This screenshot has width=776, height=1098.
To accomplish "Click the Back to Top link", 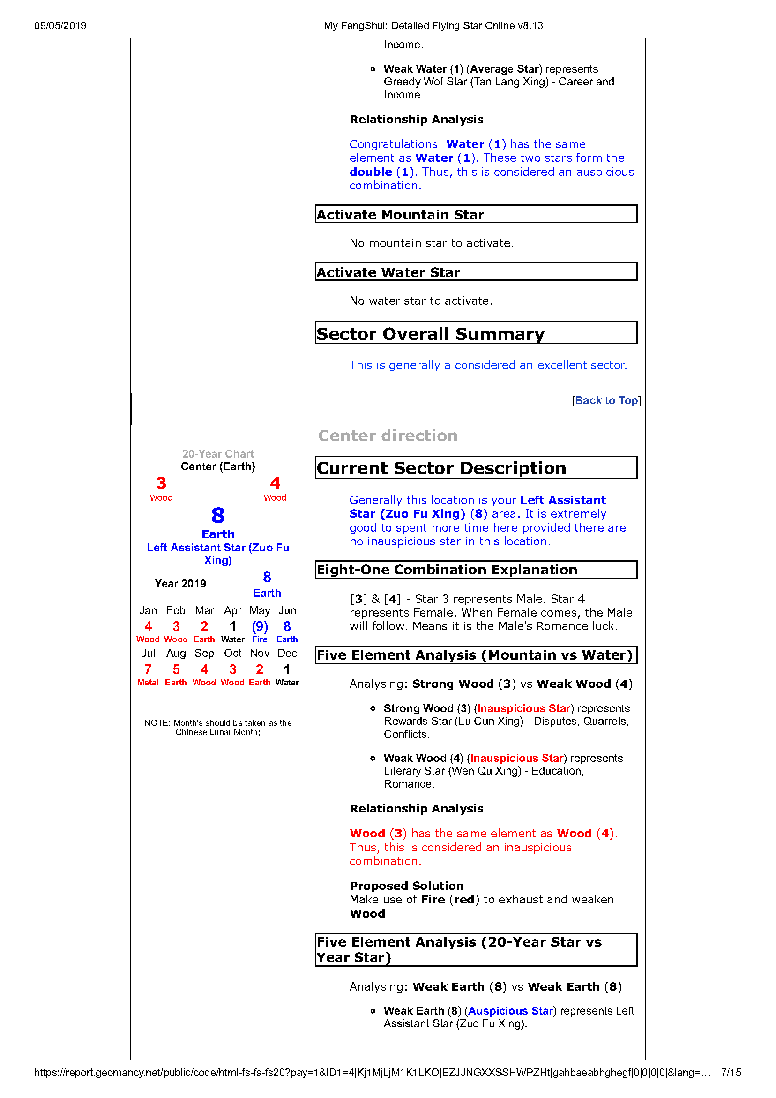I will click(606, 401).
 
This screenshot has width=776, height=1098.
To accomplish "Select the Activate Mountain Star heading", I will click(400, 215).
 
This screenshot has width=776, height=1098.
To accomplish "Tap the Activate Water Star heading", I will click(388, 272).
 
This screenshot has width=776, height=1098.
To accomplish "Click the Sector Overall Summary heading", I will click(430, 334).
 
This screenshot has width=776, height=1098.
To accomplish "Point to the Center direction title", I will click(388, 436).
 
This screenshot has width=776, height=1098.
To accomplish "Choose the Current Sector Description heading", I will click(441, 468).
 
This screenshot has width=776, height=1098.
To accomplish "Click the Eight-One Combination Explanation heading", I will click(447, 570).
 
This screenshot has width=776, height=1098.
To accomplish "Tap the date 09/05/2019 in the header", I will click(60, 26).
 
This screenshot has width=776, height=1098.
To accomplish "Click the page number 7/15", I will click(731, 1072).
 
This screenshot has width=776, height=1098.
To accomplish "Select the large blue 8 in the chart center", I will click(218, 516).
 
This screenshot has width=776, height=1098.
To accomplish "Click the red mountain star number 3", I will click(162, 483).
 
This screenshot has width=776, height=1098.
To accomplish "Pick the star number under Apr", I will click(233, 626).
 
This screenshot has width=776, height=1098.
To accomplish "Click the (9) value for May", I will click(260, 626).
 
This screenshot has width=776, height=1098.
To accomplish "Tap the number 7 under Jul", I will click(148, 669).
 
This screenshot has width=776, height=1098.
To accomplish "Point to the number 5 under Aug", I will click(176, 669).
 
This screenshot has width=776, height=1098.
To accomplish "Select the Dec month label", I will click(287, 653).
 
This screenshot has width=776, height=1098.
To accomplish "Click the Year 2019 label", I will click(180, 584).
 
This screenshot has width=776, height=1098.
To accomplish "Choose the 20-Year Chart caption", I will click(218, 454).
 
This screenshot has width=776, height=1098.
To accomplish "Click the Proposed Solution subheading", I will click(406, 886).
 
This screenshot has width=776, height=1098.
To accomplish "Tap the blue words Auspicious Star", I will click(510, 1010).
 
